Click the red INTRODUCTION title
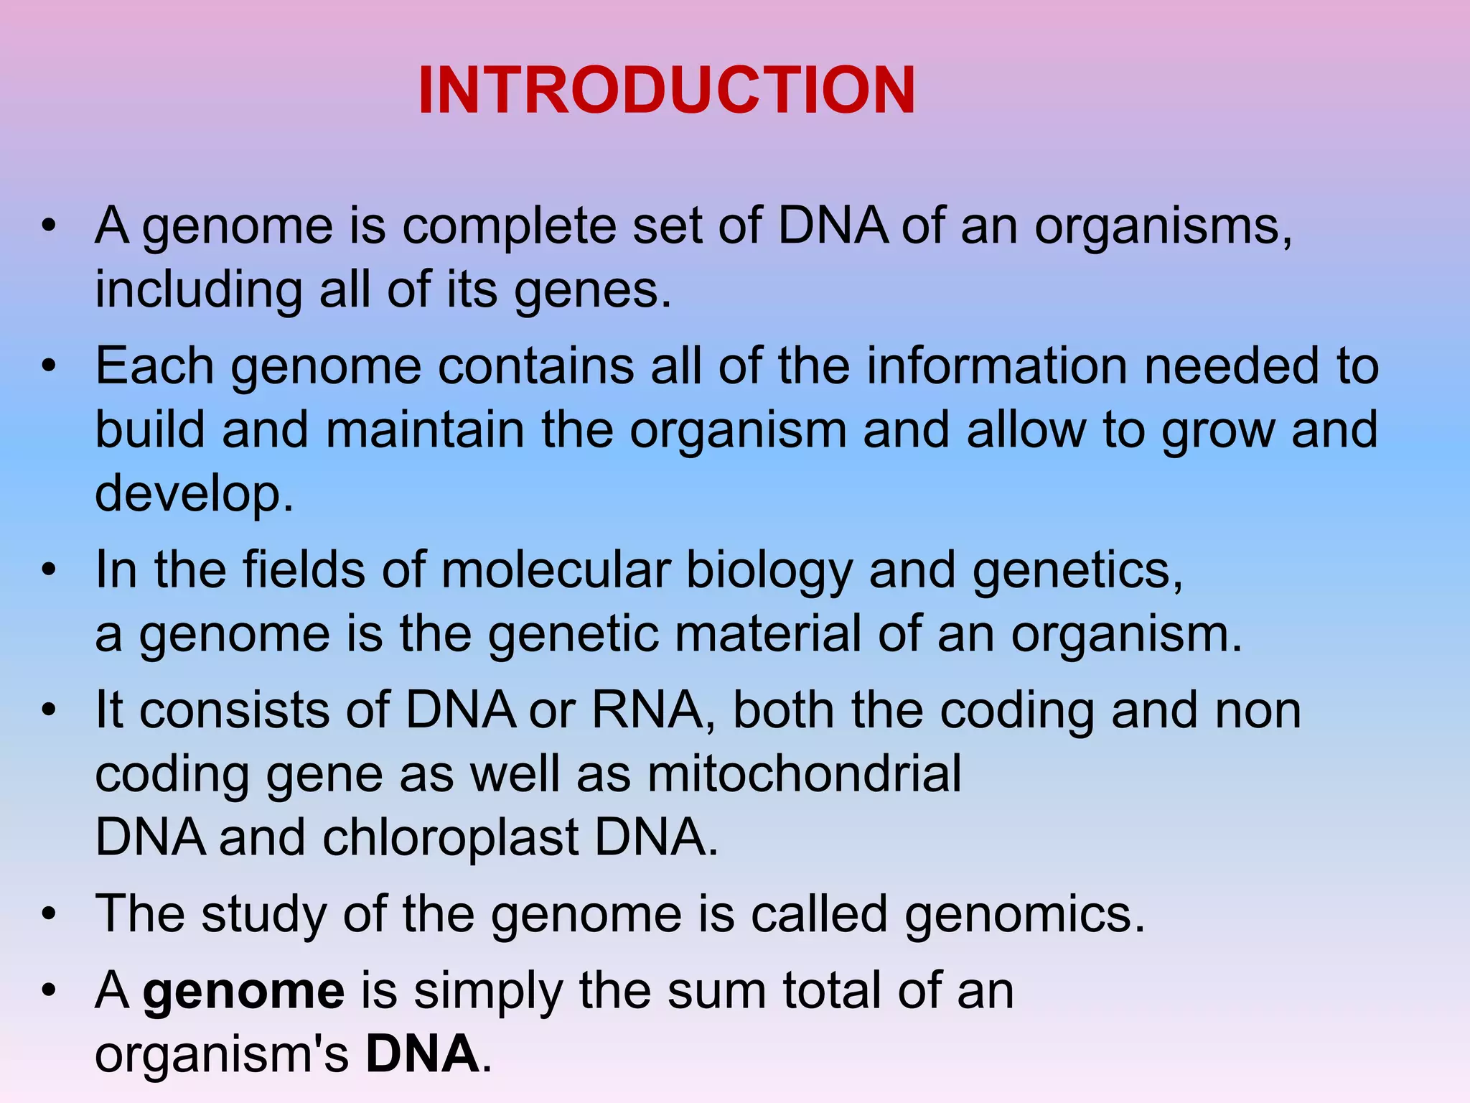tap(666, 90)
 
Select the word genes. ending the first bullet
tap(593, 292)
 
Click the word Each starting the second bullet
tap(154, 366)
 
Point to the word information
tap(996, 366)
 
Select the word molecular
tap(556, 571)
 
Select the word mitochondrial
tap(804, 774)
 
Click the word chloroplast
tap(451, 839)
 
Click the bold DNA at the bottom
tap(422, 1054)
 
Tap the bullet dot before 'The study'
tap(49, 915)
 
